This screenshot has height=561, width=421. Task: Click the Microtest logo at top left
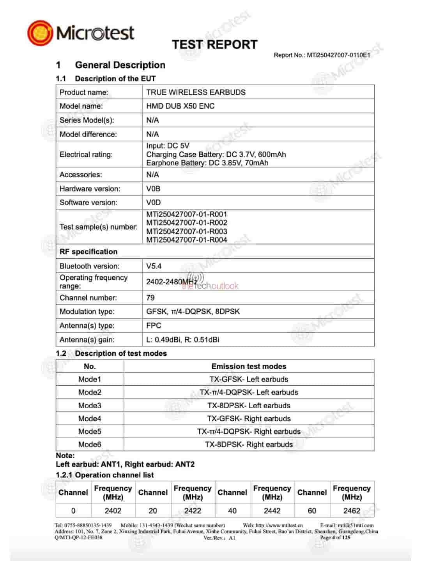[x=81, y=32]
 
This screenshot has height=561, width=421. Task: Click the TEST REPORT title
[x=215, y=44]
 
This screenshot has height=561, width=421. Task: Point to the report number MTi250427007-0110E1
[x=338, y=55]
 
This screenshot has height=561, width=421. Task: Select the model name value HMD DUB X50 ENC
[x=180, y=106]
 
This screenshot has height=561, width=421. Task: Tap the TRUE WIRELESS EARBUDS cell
[x=196, y=92]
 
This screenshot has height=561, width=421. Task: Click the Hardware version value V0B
[x=153, y=189]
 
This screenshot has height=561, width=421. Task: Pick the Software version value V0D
[x=153, y=202]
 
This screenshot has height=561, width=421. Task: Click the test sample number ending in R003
[x=186, y=231]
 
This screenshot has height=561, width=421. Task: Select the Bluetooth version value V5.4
[x=154, y=266]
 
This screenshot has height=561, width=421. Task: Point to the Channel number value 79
[x=150, y=298]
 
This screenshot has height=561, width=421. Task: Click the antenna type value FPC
[x=154, y=325]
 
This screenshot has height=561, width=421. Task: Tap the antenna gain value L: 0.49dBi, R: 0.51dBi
[x=182, y=339]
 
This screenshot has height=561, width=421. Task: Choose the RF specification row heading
[x=88, y=252]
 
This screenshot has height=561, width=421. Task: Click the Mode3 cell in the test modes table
[x=90, y=406]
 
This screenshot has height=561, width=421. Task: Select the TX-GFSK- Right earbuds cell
[x=249, y=418]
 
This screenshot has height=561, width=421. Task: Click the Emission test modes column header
[x=249, y=366]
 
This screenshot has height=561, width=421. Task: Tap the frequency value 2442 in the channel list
[x=272, y=510]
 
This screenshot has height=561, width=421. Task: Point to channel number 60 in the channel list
[x=312, y=510]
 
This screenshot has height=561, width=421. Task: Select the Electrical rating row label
[x=86, y=154]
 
